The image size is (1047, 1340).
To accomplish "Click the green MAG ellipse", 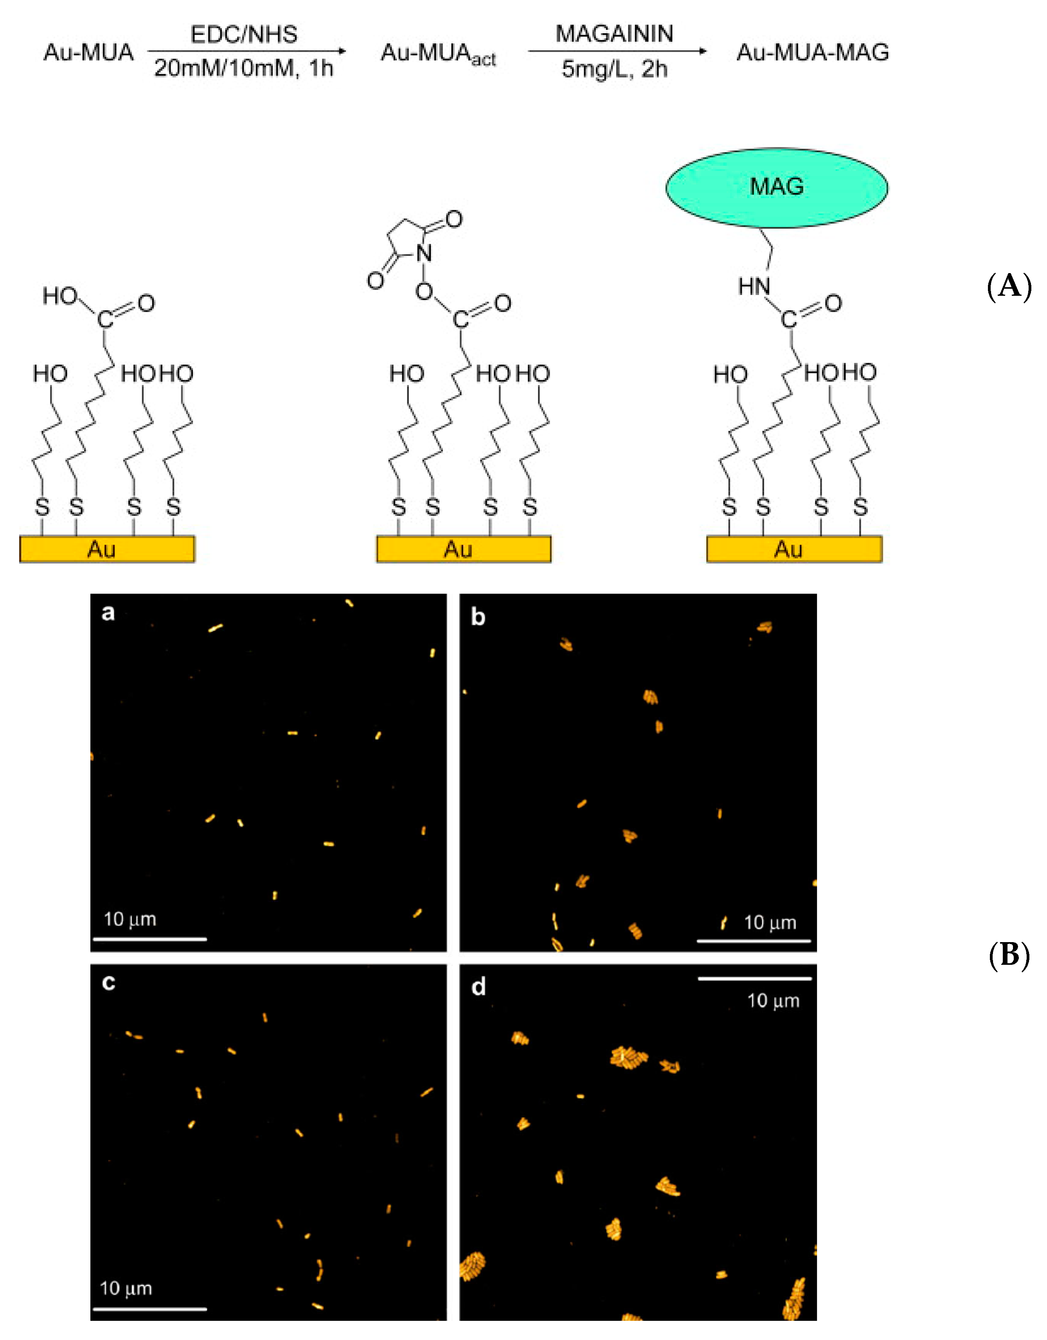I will click(776, 187).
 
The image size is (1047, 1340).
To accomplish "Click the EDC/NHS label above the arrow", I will click(244, 34).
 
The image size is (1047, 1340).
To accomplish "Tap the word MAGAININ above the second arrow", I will click(614, 34).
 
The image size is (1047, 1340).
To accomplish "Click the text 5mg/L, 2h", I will click(614, 69).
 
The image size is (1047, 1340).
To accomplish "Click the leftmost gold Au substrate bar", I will click(107, 549).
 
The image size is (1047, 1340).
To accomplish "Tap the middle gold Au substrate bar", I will click(463, 549).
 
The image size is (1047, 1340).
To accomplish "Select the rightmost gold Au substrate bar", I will click(794, 549).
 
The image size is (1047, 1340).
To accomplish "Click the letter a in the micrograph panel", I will click(108, 612).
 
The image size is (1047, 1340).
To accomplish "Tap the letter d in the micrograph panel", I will click(479, 987).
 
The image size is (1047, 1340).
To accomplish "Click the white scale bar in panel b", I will click(754, 940).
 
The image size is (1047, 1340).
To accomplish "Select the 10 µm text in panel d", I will click(773, 1001).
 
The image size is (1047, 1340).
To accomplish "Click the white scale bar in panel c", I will click(150, 1308).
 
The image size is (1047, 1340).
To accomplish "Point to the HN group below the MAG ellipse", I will click(754, 286).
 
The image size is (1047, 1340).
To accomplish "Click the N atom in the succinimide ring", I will click(423, 253).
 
